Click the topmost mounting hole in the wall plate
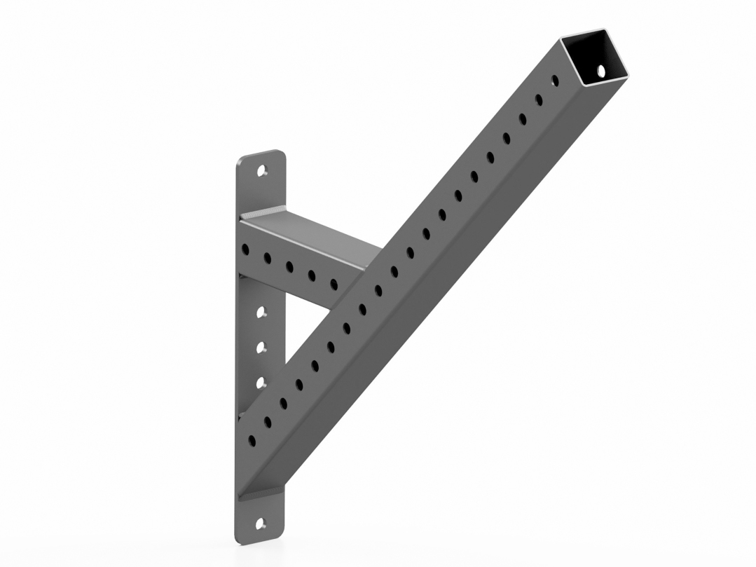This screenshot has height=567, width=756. pos(263,170)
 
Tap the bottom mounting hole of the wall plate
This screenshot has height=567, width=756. pos(261,523)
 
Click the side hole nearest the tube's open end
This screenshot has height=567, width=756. pos(555,81)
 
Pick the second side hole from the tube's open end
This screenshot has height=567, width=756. pos(539,100)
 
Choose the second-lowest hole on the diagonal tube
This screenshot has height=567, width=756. pos(267,422)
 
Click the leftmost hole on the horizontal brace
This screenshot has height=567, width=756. pos(245,249)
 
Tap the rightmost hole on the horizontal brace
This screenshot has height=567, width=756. pos(334,284)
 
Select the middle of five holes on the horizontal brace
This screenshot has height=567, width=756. pos(289,266)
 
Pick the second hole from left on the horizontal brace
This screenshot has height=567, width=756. pos(267,257)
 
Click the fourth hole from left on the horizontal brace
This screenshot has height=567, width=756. pos(312,275)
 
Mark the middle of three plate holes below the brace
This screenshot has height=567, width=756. pos(261,346)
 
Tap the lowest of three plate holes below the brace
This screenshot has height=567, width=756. pos(261,383)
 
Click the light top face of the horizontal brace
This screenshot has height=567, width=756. pos(315,231)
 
